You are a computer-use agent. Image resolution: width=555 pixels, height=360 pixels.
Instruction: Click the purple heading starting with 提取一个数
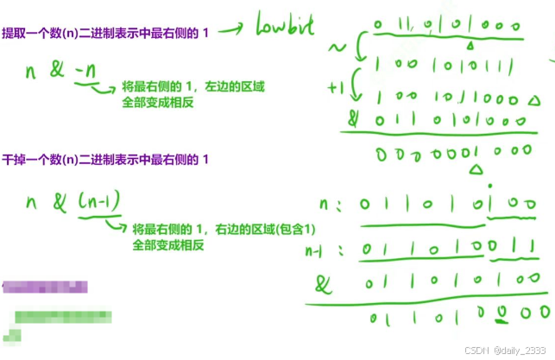[105, 31]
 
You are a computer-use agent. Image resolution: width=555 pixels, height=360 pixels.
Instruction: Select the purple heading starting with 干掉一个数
[105, 161]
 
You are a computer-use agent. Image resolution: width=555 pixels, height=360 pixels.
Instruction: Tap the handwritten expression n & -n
[60, 72]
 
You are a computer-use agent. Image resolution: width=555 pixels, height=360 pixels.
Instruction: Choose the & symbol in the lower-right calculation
[324, 282]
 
